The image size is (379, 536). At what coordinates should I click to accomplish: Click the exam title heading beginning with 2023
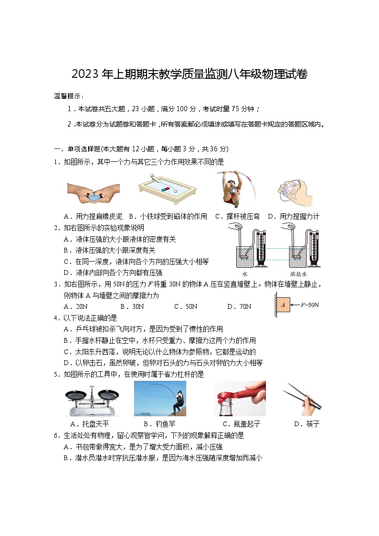tap(189, 74)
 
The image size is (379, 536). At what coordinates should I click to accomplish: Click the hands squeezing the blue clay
tap(93, 193)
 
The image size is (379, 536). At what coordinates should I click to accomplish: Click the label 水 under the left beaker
tap(245, 274)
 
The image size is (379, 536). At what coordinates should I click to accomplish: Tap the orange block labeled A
tap(283, 305)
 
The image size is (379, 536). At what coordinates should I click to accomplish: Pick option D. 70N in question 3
tap(239, 306)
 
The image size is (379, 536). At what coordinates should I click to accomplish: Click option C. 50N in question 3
tap(186, 306)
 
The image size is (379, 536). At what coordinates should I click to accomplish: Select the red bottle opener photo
tap(240, 399)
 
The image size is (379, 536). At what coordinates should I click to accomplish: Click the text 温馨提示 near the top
tap(69, 96)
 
